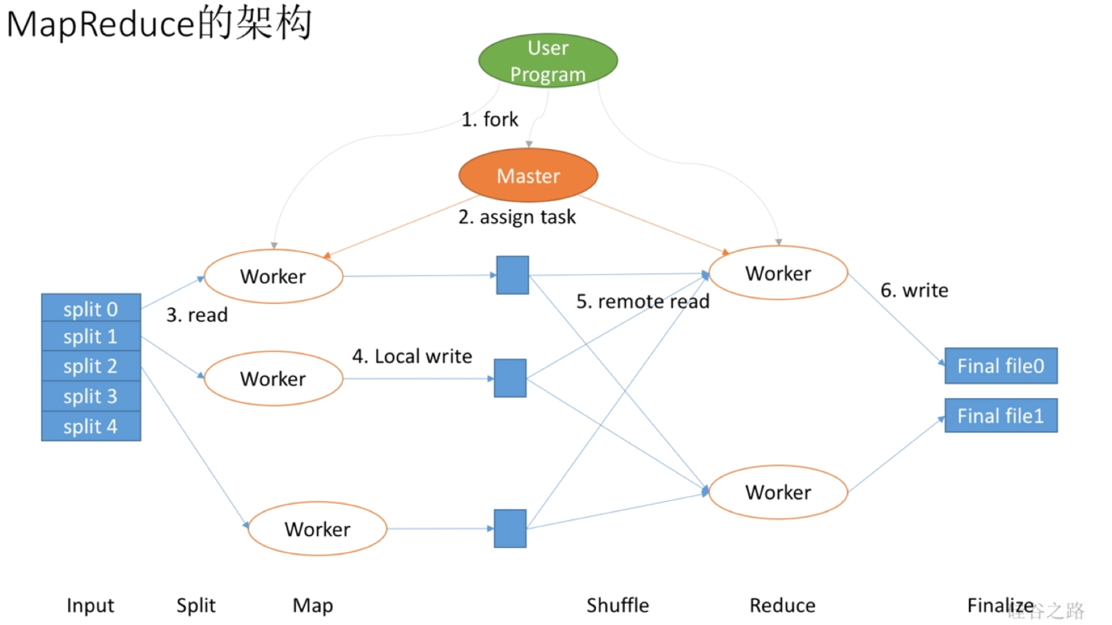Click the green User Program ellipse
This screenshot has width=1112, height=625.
click(x=547, y=61)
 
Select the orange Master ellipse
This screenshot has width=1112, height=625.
click(x=528, y=175)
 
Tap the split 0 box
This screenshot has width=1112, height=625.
click(x=90, y=308)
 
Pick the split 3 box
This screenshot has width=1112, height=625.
click(x=90, y=396)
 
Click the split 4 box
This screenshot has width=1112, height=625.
click(x=90, y=427)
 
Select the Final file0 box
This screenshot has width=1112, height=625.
click(x=1000, y=366)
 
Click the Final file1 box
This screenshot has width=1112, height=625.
click(x=1000, y=416)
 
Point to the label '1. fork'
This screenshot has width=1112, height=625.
click(x=489, y=119)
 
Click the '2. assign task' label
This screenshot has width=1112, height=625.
click(x=517, y=217)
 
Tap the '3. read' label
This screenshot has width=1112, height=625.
click(x=196, y=315)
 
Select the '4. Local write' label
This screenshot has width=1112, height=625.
click(x=412, y=356)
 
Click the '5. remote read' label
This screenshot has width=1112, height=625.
click(x=643, y=301)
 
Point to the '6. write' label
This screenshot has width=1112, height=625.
click(x=914, y=290)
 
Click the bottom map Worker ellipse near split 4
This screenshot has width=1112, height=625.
click(x=317, y=529)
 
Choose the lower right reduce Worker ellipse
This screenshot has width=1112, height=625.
click(x=778, y=492)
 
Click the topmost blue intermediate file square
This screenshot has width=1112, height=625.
click(x=512, y=275)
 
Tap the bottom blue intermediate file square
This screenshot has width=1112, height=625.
click(x=510, y=528)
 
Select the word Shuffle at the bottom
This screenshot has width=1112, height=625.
click(x=617, y=605)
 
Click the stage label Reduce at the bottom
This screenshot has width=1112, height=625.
click(x=782, y=605)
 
